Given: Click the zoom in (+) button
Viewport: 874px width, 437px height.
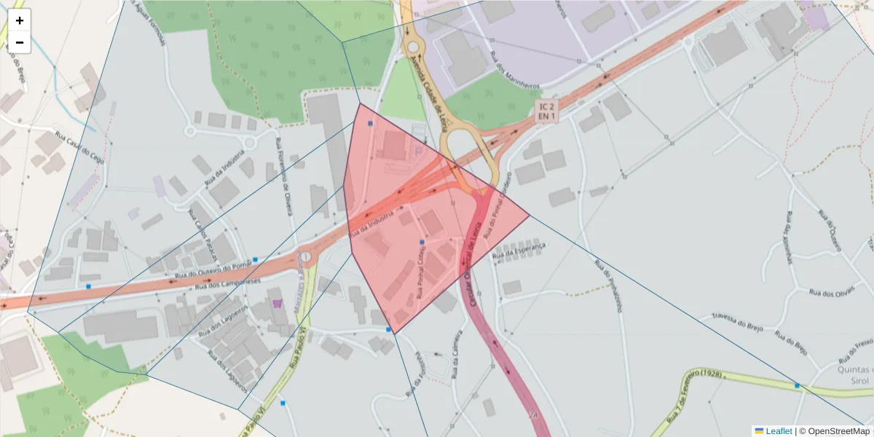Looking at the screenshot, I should pos(20,20).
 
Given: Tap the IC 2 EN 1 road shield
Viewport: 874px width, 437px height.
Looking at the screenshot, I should pos(546,111).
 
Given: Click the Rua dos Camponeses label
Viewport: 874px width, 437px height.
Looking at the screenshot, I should pos(230,283).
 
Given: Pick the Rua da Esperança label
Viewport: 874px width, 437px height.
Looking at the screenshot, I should pos(519,252).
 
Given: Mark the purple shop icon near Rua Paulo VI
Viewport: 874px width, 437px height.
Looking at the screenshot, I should pos(277,302).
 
